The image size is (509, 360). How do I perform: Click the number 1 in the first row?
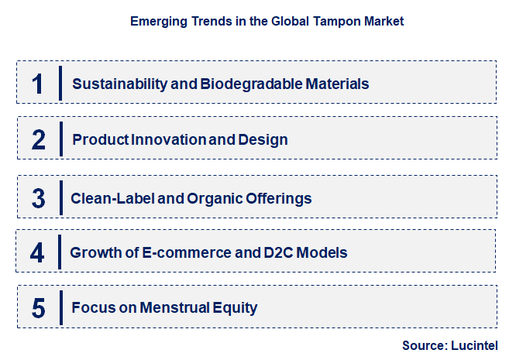click(38, 84)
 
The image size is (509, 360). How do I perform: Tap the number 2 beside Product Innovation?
click(39, 140)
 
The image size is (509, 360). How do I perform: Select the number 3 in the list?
click(39, 198)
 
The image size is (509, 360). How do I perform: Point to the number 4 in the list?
click(38, 253)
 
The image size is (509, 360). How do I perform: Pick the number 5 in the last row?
click(39, 308)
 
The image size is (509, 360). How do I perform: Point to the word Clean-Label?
click(112, 198)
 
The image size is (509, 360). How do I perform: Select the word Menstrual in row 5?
click(177, 308)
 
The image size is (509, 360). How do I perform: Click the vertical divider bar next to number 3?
click(60, 198)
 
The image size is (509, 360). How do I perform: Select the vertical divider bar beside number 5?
click(60, 308)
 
